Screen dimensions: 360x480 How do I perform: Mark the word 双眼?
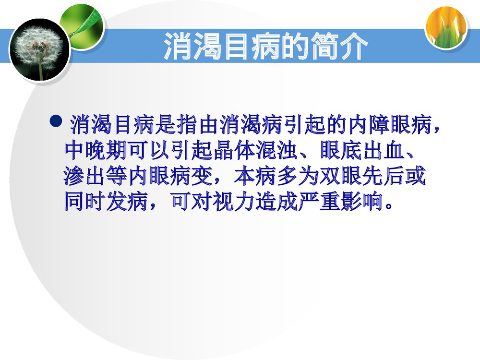tap(340, 177)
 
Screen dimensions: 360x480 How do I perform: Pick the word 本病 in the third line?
tap(255, 177)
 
